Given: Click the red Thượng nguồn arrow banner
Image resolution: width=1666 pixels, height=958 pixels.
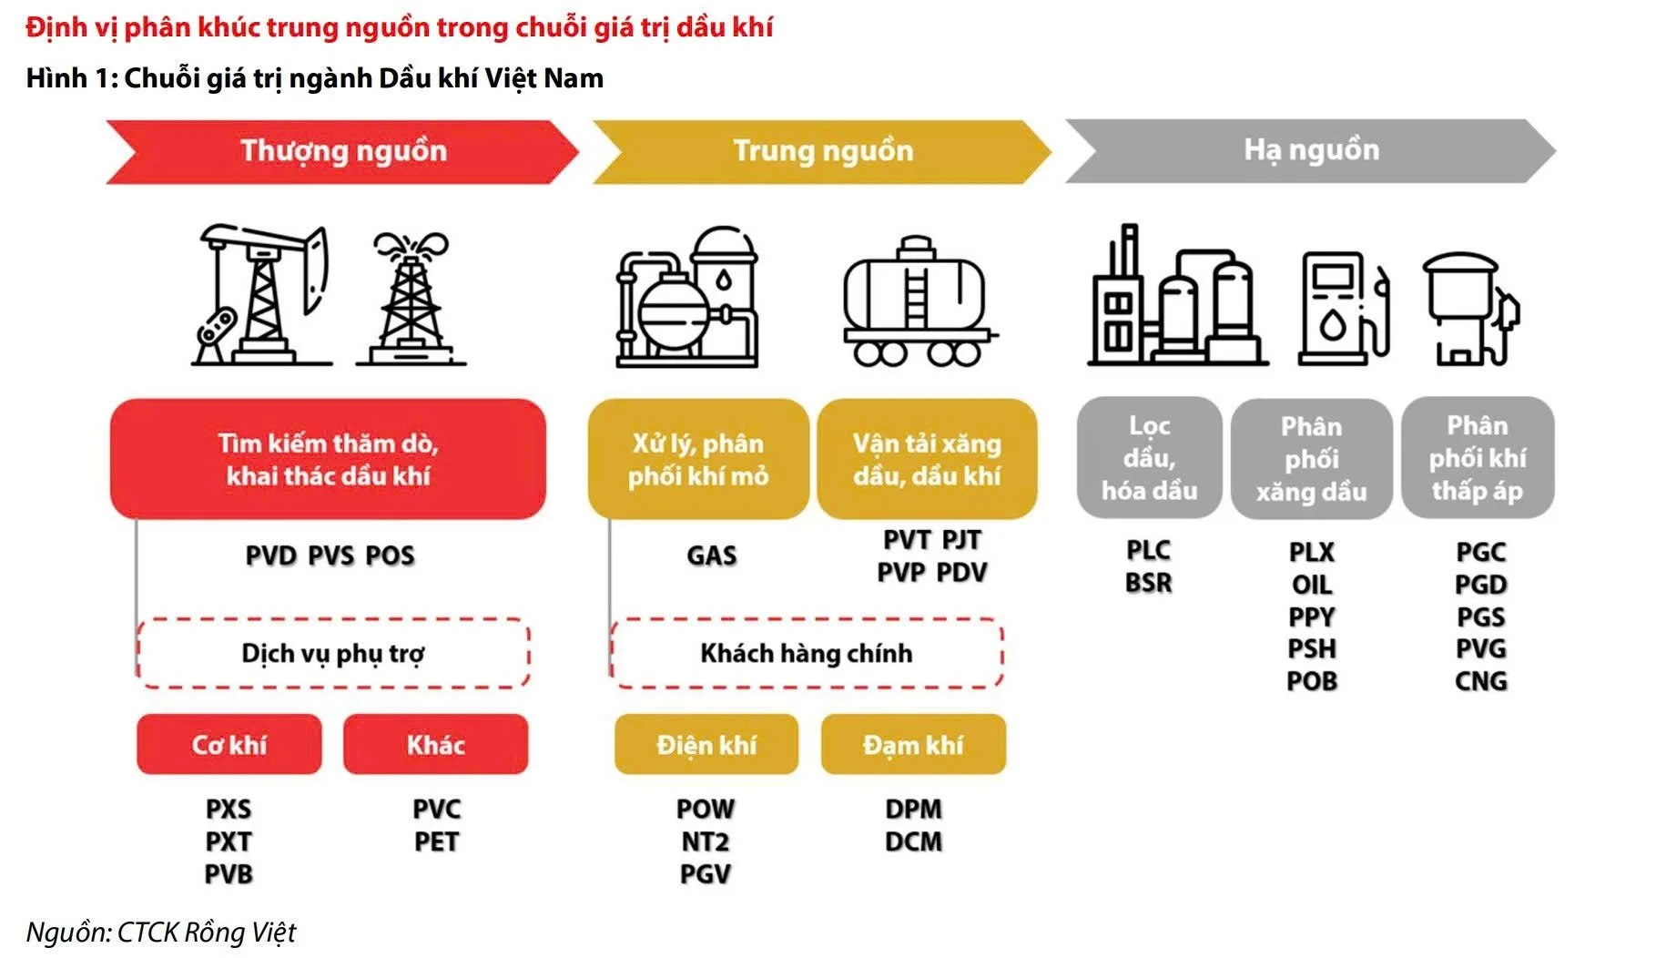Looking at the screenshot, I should click(342, 151).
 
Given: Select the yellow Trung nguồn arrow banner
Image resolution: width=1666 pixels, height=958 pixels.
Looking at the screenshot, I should click(822, 151).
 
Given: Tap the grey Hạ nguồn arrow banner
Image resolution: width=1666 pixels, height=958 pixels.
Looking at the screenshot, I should click(1310, 150).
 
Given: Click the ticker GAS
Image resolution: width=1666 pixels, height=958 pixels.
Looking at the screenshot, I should click(711, 555).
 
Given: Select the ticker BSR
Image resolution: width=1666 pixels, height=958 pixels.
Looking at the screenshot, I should click(1148, 583).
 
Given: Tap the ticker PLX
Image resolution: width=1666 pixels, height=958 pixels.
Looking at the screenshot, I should click(1311, 552).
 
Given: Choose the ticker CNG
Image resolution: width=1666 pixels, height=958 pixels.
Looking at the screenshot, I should click(1480, 681).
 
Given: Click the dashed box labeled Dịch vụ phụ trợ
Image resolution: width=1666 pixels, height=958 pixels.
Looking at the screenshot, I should click(333, 653).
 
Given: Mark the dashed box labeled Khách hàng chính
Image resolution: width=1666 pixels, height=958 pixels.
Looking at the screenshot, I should click(807, 653).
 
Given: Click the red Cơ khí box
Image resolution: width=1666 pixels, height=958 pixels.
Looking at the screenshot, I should click(229, 745).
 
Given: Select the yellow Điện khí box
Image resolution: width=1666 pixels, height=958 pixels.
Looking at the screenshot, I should click(706, 745).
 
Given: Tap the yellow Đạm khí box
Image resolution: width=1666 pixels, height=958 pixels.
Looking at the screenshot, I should click(913, 745).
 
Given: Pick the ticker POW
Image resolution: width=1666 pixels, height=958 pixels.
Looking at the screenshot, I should click(706, 809).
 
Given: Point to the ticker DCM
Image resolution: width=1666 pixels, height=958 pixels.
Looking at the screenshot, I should click(913, 841).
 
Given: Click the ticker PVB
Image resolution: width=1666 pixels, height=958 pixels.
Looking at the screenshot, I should click(229, 874).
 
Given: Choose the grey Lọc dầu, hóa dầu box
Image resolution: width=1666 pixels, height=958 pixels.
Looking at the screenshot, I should click(1149, 458).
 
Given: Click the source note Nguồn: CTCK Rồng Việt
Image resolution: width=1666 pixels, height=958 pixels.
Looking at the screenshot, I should click(161, 933).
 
